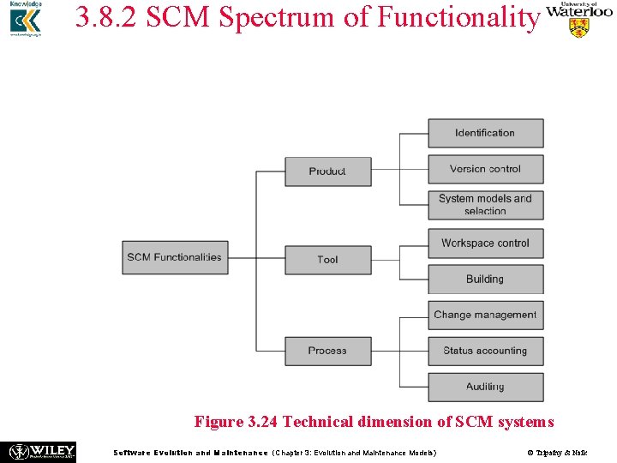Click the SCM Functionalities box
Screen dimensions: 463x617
[175, 257]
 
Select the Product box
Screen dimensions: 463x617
[327, 171]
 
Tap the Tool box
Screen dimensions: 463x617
[327, 260]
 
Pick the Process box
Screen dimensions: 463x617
[327, 351]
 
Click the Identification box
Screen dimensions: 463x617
[485, 133]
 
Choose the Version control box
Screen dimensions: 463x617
[485, 169]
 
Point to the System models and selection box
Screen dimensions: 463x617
[485, 205]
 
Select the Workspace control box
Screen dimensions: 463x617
[485, 244]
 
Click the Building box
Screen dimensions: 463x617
[485, 280]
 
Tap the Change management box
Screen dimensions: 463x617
[485, 315]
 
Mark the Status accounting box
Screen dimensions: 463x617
[485, 351]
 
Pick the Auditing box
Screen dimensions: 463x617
[485, 387]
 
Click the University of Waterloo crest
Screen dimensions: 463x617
[579, 27]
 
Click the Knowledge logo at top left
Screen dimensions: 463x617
[26, 21]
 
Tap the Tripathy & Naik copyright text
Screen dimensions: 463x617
[557, 453]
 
